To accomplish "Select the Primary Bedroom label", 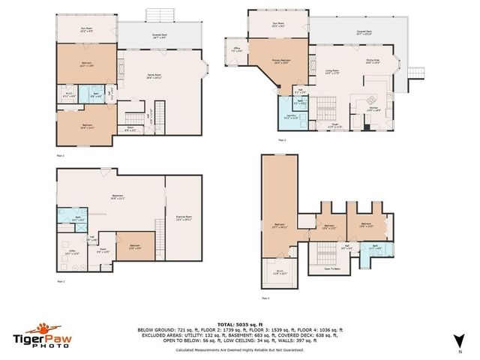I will pos(282,62).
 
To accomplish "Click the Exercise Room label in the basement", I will pos(184,218).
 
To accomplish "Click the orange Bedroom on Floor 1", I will pos(134,247).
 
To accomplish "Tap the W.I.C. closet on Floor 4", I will pos(278,272).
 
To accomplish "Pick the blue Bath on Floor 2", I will pos(96,95).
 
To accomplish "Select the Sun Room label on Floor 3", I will pos(278,24).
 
